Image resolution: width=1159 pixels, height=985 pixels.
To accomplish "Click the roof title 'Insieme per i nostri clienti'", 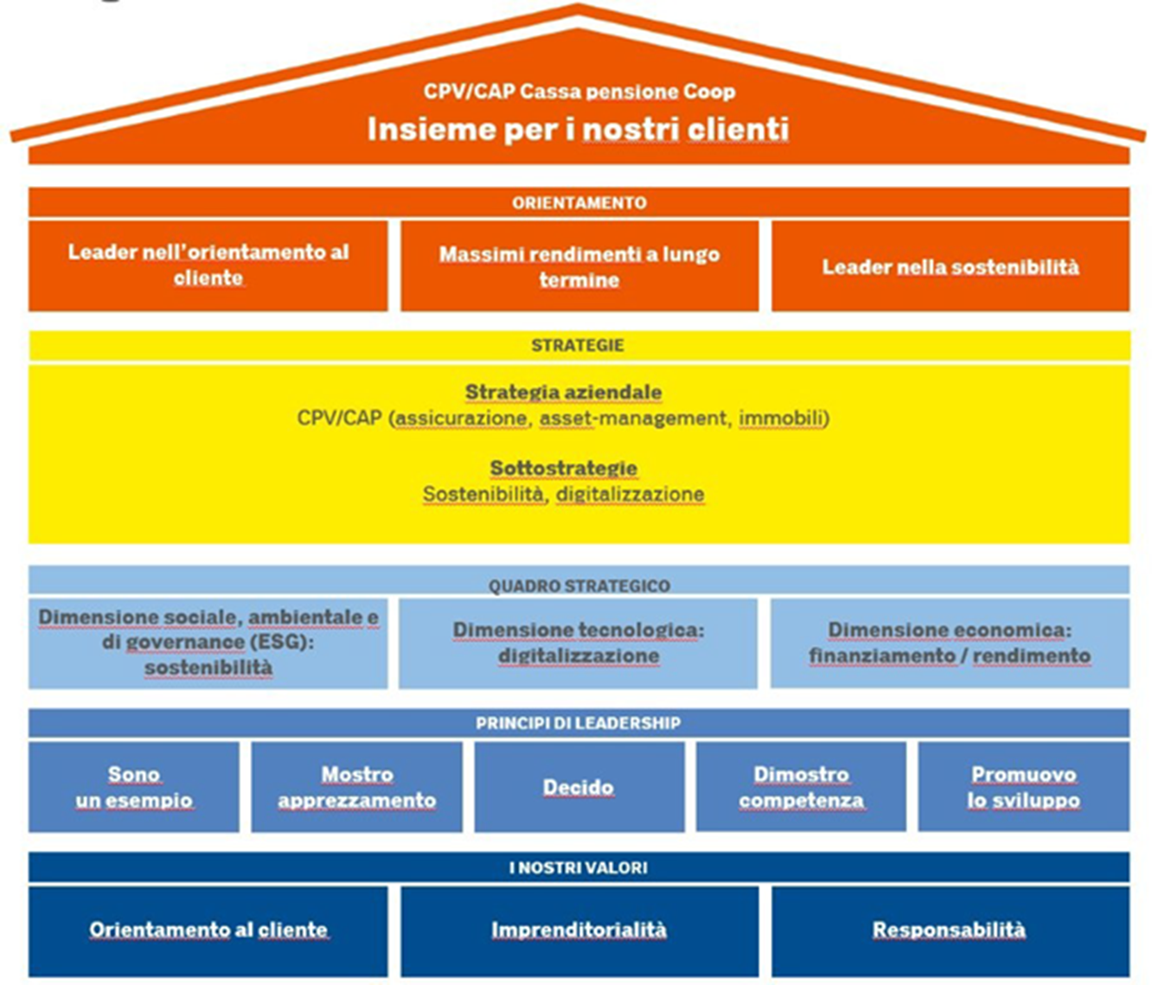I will click(x=578, y=130).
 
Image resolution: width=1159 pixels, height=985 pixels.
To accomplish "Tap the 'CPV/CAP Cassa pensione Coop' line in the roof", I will click(x=579, y=92).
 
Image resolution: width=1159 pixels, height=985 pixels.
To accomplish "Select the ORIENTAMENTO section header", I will click(x=579, y=202).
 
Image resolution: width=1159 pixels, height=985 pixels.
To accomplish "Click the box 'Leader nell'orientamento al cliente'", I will click(x=208, y=265).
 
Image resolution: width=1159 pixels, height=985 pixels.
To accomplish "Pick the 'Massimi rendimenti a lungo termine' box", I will click(x=579, y=266).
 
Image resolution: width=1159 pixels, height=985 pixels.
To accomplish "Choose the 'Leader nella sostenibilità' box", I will click(x=950, y=266).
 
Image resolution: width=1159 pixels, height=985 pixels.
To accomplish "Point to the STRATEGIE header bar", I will click(x=578, y=345).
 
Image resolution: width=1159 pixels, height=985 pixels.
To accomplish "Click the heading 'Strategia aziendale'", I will click(x=563, y=393).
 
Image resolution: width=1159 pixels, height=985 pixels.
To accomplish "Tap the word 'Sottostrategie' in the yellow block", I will click(x=563, y=469).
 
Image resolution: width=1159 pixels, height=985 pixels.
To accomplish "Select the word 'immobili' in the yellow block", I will click(x=782, y=419).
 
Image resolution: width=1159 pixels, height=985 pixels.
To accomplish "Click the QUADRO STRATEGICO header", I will click(x=579, y=585).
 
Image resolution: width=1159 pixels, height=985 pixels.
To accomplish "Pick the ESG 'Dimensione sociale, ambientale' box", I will click(x=208, y=643).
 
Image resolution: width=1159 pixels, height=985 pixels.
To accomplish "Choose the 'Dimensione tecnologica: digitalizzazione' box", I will click(x=578, y=643).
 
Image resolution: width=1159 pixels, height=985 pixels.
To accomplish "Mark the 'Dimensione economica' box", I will click(x=950, y=643).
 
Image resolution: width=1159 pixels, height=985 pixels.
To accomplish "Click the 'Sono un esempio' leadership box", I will click(x=134, y=787).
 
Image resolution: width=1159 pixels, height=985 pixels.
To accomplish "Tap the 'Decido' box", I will click(x=578, y=787).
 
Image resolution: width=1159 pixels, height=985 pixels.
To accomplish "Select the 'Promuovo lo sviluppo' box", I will click(x=1023, y=787).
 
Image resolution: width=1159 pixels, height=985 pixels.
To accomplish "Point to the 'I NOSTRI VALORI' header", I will click(x=578, y=867).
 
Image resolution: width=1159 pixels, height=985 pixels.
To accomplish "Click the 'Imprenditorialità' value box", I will click(x=579, y=931).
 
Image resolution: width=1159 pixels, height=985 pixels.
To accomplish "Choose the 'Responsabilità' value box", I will click(x=950, y=931).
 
